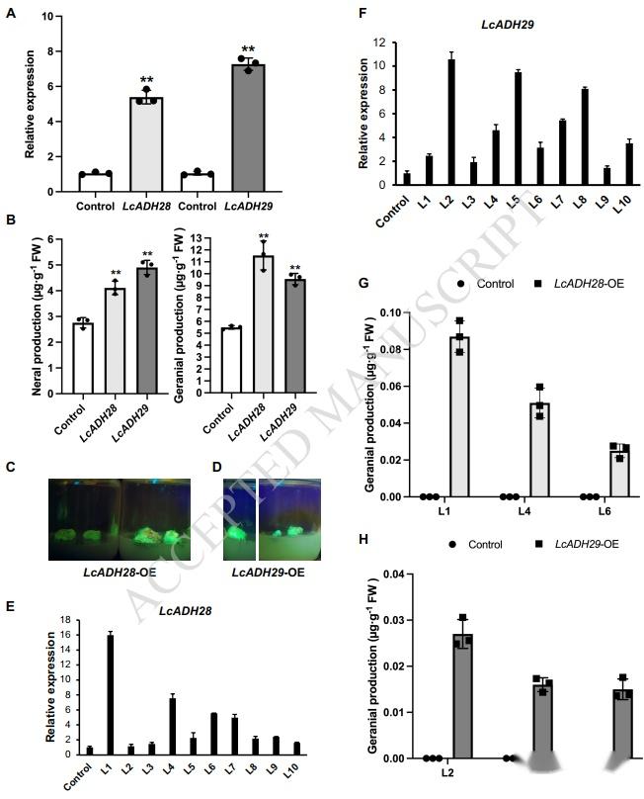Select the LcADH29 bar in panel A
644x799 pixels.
click(248, 128)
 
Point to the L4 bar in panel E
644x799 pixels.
click(172, 726)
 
